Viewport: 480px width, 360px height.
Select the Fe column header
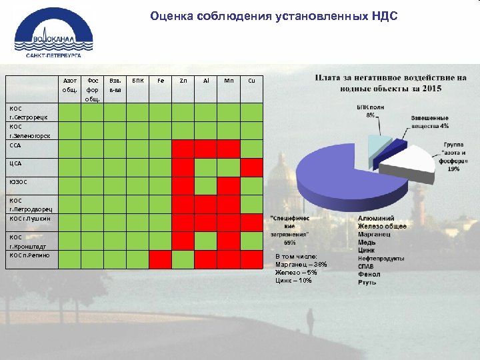(160, 80)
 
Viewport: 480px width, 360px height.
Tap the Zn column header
(183, 80)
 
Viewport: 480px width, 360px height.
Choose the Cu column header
(251, 80)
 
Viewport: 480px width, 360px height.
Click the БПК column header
(137, 80)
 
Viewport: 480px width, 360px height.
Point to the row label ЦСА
(17, 163)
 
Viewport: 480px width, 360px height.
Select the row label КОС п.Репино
(29, 255)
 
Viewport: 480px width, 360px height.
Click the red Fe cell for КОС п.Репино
(160, 259)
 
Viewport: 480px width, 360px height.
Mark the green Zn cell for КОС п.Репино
(183, 259)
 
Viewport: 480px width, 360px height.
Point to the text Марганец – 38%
(301, 265)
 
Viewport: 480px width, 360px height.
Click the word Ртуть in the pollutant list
(367, 282)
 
